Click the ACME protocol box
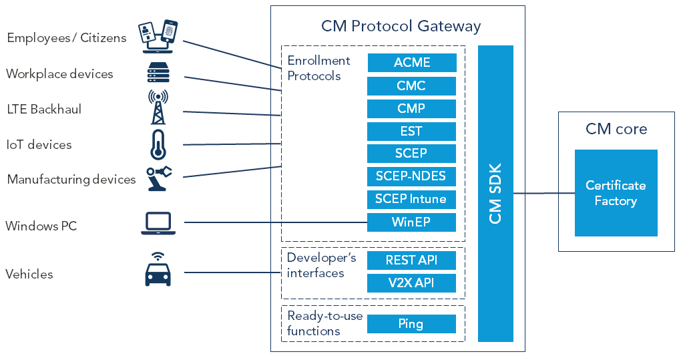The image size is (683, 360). pos(412,63)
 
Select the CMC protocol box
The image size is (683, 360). pos(412,86)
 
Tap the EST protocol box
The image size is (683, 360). pos(412,131)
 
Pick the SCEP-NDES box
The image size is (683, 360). pos(412,176)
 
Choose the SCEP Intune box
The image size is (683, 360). pos(412,199)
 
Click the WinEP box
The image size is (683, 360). pos(412,222)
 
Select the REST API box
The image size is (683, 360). pos(412,260)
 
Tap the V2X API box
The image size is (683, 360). pos(412,283)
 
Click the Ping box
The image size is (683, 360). pos(412,324)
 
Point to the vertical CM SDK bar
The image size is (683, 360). pos(495,194)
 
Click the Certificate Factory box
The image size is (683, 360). pos(616,193)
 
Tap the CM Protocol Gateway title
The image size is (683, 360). pos(401,27)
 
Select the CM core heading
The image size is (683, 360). pos(616,129)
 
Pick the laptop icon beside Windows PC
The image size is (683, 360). pos(158,224)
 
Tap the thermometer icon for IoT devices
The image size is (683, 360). pos(158,145)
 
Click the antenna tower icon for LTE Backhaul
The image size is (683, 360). pos(158,108)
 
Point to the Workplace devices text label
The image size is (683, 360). pos(59,74)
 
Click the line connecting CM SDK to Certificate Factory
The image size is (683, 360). pos(544,194)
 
